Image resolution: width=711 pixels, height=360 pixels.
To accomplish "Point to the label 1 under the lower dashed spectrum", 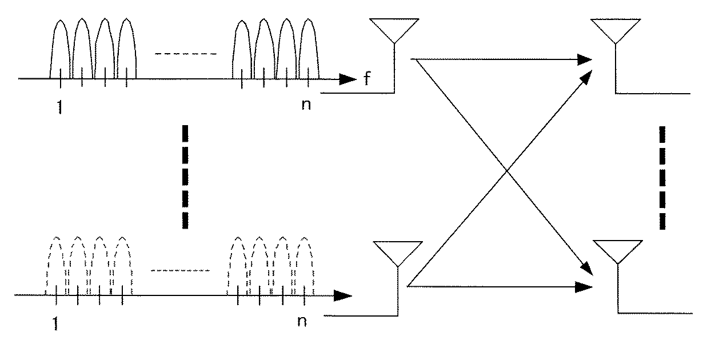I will point(54,323).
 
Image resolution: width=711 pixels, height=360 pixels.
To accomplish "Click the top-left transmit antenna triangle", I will point(392,29).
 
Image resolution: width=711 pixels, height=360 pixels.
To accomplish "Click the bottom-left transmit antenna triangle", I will point(396,252).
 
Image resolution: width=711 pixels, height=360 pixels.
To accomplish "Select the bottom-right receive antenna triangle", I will point(617,250).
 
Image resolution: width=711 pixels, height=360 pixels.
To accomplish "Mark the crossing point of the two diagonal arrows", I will point(506,171).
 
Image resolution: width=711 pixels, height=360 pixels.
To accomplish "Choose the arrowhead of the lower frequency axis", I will point(343,295).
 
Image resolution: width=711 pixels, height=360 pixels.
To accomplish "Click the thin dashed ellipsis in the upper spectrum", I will point(186,54).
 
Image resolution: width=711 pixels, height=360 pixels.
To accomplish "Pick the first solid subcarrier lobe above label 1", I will point(61,49).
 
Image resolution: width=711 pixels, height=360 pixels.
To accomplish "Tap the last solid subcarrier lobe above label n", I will point(309,49).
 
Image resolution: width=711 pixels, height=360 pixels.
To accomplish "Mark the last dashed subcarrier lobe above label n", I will point(304,266).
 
